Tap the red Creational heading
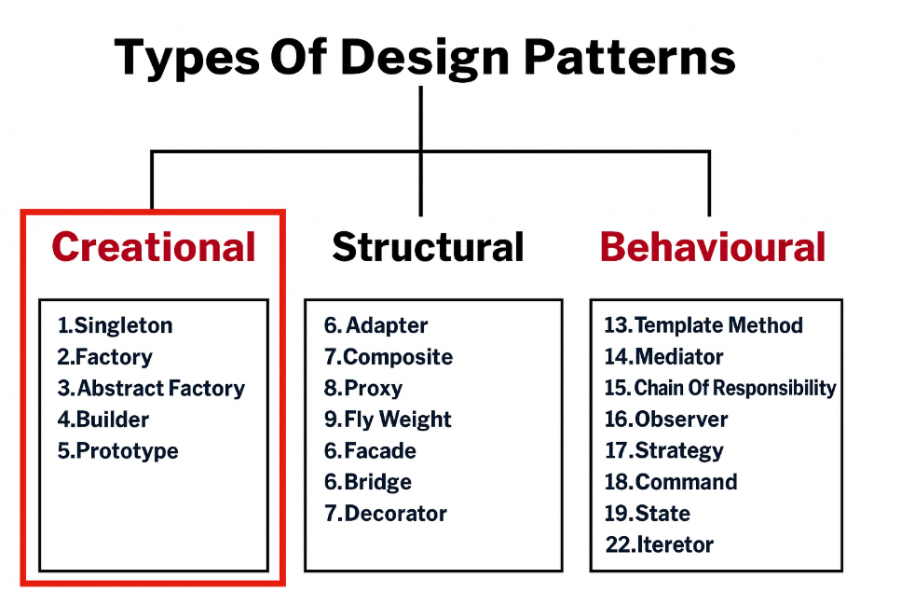[154, 247]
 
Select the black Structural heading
[428, 247]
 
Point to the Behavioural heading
[713, 247]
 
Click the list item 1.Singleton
[115, 325]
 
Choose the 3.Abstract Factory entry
[151, 388]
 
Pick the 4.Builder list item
[102, 420]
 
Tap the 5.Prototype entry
[117, 451]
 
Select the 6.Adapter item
[376, 325]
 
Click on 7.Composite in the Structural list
[389, 357]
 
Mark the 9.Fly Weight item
[388, 420]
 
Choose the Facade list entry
[370, 451]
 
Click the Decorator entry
[386, 514]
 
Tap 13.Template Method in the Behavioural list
[703, 325]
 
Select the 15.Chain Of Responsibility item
[720, 388]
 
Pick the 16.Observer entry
[666, 420]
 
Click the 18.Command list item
[671, 482]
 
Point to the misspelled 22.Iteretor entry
[660, 544]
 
